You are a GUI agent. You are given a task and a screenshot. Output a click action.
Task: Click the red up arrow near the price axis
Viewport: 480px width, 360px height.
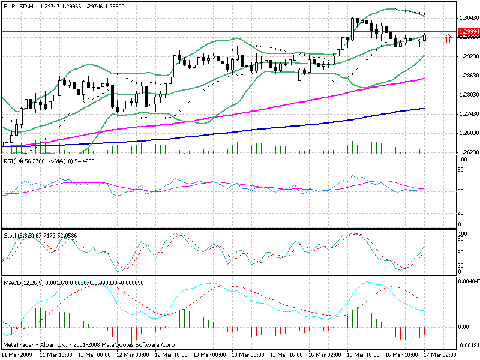[x=447, y=38]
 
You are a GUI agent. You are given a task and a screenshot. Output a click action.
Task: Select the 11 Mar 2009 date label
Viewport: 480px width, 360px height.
[x=17, y=355]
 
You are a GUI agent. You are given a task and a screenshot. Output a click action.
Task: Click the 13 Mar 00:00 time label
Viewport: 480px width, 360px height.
[x=209, y=355]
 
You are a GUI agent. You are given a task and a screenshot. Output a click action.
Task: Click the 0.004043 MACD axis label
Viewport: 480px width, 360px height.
[x=469, y=281]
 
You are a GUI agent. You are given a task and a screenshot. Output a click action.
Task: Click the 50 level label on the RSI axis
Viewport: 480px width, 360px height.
[x=461, y=191]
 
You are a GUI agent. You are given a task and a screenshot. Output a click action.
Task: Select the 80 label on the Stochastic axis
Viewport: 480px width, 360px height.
[x=461, y=239]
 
